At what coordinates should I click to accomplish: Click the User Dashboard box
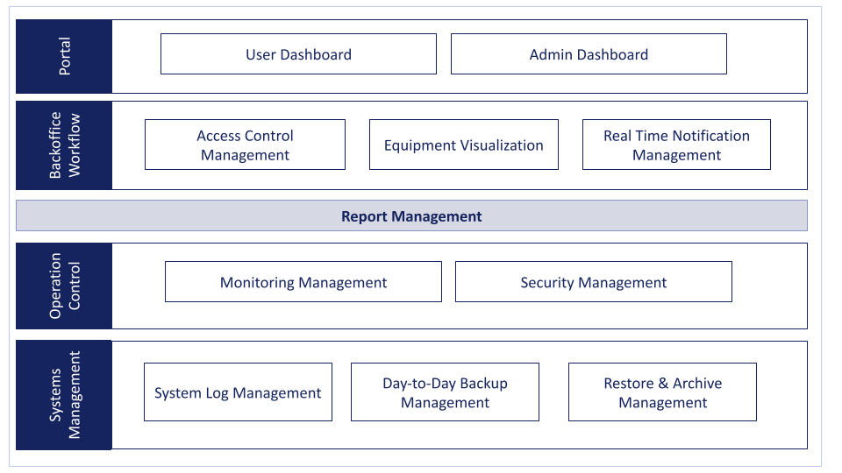pos(298,54)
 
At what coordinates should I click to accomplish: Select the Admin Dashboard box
pos(589,54)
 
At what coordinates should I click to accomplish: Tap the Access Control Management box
pos(245,145)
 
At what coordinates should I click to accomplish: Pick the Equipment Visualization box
pos(464,145)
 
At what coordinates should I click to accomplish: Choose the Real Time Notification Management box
pos(676,145)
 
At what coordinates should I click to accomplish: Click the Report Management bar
pos(411,215)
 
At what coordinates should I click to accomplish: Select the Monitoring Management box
pos(303,282)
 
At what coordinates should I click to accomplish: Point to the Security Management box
pos(594,282)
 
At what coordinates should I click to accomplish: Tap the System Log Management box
pos(238,392)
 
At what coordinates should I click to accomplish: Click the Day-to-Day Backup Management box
pos(446,392)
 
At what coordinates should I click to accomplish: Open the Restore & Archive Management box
pos(663,392)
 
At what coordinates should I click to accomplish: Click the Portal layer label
pos(64,56)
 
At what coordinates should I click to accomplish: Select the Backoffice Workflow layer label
pos(64,145)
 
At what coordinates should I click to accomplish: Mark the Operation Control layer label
pos(64,286)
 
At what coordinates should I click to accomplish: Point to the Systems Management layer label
pos(64,395)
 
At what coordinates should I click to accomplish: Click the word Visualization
pos(502,145)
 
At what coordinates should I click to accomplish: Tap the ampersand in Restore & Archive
pos(663,384)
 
